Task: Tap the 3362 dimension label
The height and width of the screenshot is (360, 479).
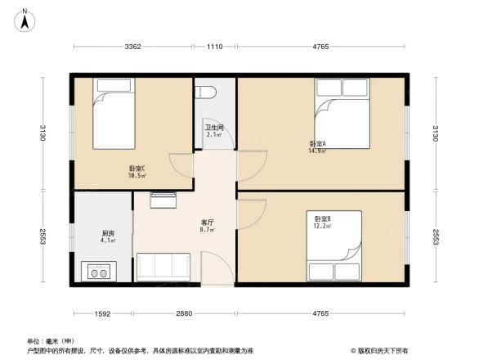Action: point(134,47)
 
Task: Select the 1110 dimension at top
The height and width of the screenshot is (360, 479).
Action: point(215,47)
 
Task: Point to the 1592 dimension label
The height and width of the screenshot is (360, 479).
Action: point(102,314)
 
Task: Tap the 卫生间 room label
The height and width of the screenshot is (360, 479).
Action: point(214,128)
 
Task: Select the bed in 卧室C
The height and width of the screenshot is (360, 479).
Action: point(111,112)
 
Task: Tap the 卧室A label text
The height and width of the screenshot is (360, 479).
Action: point(318,144)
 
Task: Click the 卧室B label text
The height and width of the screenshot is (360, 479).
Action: point(323,218)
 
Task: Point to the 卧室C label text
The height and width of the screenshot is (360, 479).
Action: point(137,169)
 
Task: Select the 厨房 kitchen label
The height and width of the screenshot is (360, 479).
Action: point(97,234)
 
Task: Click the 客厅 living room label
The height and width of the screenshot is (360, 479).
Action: point(208,223)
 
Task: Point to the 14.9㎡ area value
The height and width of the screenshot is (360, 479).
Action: point(317,151)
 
